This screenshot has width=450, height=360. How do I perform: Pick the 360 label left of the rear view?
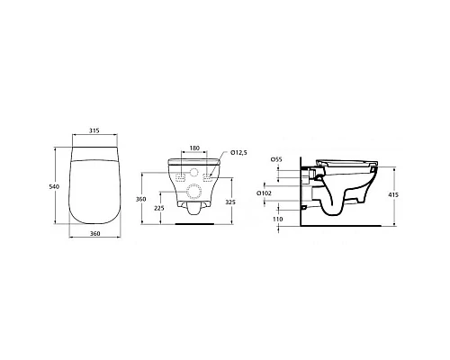pos(140,200)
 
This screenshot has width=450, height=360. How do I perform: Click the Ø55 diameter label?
pos(276,158)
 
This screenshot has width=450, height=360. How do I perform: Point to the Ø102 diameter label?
pos(263,192)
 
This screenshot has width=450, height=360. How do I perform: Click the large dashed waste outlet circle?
pos(193,192)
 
